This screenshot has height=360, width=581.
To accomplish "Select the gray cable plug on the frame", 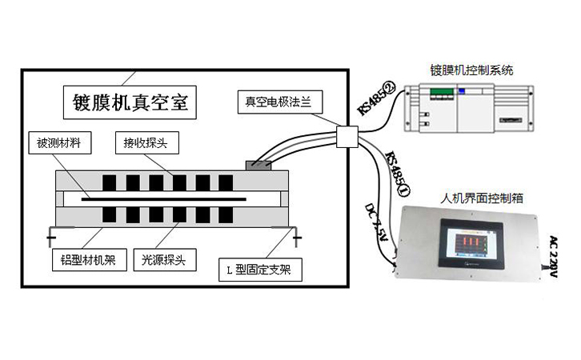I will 260,165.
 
